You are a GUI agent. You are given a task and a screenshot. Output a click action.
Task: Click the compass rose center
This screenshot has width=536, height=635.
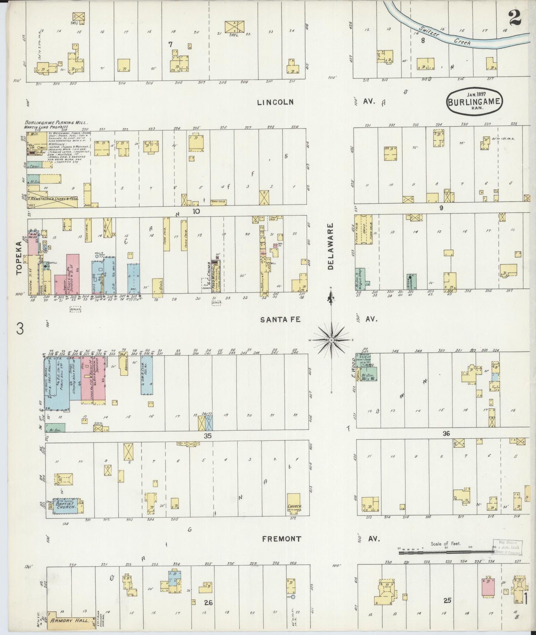pyautogui.click(x=331, y=340)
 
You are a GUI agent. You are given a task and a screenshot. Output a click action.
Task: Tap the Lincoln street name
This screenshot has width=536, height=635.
pyautogui.click(x=275, y=102)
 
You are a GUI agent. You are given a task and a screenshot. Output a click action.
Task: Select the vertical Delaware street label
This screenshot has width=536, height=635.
pyautogui.click(x=331, y=246)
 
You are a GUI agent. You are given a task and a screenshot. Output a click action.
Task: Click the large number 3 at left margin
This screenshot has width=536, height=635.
pyautogui.click(x=20, y=328)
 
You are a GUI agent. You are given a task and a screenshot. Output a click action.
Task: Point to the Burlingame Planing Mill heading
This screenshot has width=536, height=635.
pyautogui.click(x=56, y=123)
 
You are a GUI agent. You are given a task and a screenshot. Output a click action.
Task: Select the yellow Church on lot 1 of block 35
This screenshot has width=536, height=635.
pyautogui.click(x=294, y=503)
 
